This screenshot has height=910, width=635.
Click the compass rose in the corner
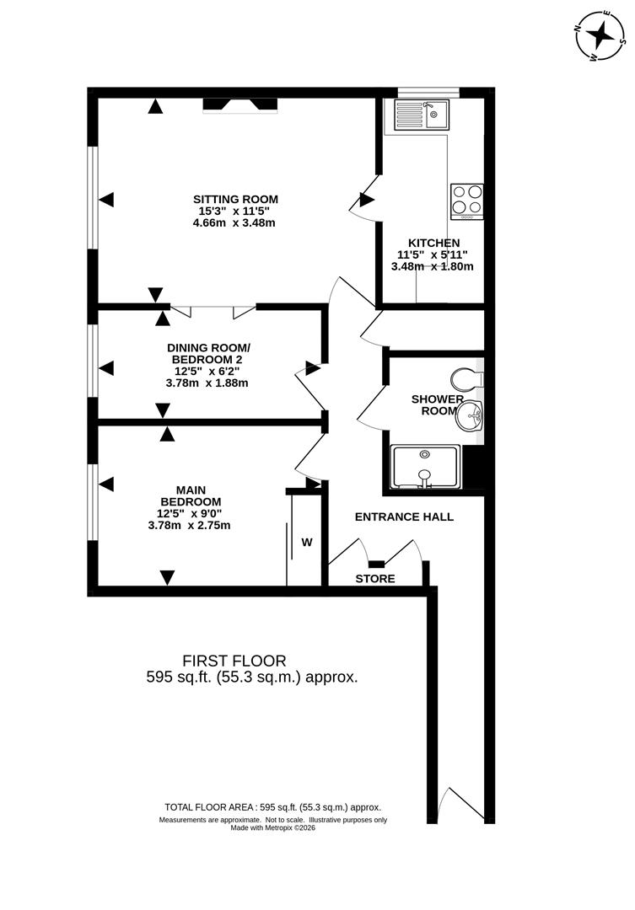[600, 35]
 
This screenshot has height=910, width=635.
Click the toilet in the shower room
[466, 377]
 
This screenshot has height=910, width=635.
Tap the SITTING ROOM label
[237, 200]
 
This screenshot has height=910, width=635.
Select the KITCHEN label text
[433, 243]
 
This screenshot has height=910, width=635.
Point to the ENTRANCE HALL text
[404, 517]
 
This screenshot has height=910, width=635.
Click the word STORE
[374, 579]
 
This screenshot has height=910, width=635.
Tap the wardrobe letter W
[307, 543]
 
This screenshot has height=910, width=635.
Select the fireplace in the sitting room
[239, 104]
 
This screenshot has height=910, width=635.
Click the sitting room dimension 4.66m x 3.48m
[237, 223]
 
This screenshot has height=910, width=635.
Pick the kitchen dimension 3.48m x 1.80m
[433, 266]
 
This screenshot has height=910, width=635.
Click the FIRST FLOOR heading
[234, 661]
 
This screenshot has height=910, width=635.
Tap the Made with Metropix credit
[273, 827]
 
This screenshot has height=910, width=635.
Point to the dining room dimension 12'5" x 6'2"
[207, 371]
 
